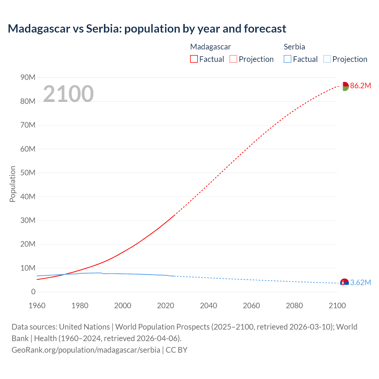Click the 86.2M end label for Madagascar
(x=360, y=86)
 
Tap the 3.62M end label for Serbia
(x=360, y=282)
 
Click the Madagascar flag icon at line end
(x=344, y=86)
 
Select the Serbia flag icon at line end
(x=344, y=283)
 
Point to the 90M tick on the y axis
(x=28, y=78)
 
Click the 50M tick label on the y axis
(x=28, y=173)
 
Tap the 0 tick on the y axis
(x=33, y=292)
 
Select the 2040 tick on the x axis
(x=208, y=306)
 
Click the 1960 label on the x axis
(x=37, y=306)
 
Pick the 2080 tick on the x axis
(x=294, y=306)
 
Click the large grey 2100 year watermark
(x=68, y=94)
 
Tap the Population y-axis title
(x=12, y=184)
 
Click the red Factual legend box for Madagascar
(x=194, y=59)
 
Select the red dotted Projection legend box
(x=233, y=59)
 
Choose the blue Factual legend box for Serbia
(x=288, y=59)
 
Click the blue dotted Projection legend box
(x=327, y=59)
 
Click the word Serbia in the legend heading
(x=294, y=47)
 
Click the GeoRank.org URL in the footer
(x=86, y=350)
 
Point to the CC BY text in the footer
(x=176, y=350)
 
